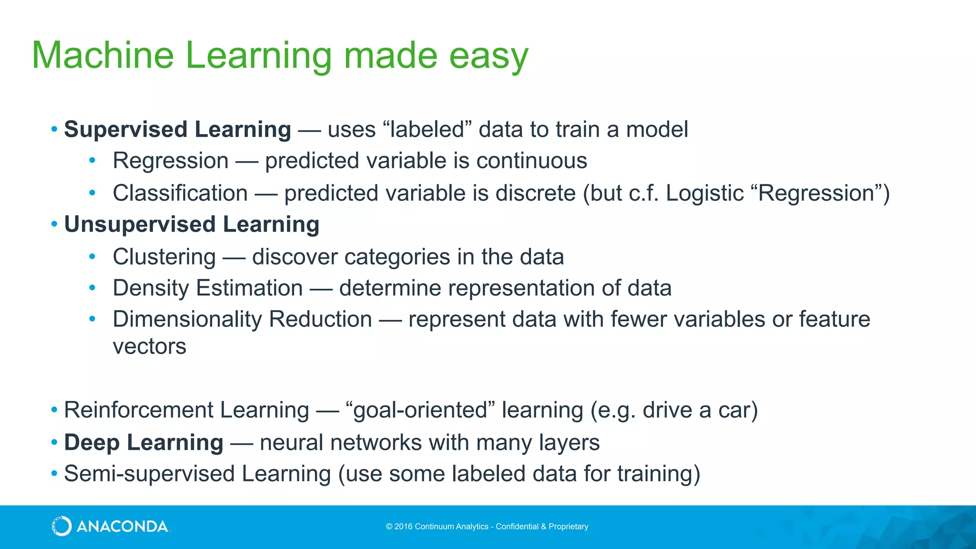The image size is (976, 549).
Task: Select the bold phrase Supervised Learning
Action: (x=177, y=129)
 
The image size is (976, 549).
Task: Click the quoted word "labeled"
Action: (x=427, y=129)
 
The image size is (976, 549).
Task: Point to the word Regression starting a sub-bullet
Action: (x=171, y=161)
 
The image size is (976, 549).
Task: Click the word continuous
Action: (x=531, y=161)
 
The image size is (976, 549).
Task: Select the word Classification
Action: (x=180, y=193)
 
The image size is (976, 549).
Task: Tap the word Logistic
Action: (x=704, y=193)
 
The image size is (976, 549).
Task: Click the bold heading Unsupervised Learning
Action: (x=192, y=224)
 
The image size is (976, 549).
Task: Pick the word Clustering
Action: (x=164, y=257)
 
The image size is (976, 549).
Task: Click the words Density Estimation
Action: (x=208, y=288)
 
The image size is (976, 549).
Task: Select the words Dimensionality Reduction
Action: (x=242, y=319)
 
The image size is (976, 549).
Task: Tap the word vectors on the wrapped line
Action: (x=149, y=346)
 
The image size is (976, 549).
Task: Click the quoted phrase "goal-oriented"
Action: (x=420, y=410)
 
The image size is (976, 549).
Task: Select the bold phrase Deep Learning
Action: (x=143, y=442)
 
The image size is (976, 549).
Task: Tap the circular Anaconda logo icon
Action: (x=61, y=526)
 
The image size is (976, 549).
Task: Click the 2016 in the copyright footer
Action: (x=403, y=527)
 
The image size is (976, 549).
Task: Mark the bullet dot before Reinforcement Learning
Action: (x=54, y=410)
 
